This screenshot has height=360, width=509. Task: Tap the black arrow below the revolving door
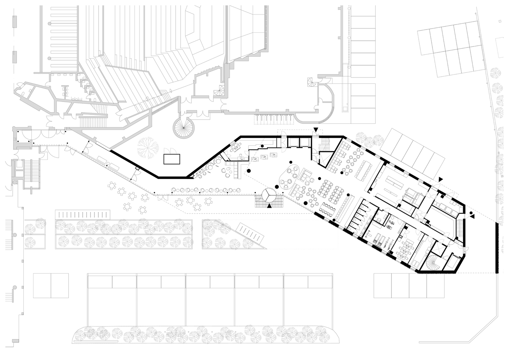[x=269, y=206]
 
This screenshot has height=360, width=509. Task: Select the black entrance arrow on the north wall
[x=316, y=130]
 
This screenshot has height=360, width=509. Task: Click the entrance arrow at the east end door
[x=472, y=216]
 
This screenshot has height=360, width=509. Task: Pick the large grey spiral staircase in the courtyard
[x=183, y=126]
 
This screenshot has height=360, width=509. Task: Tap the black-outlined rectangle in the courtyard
[x=171, y=159]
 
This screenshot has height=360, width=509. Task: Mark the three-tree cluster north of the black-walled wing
[x=367, y=138]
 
